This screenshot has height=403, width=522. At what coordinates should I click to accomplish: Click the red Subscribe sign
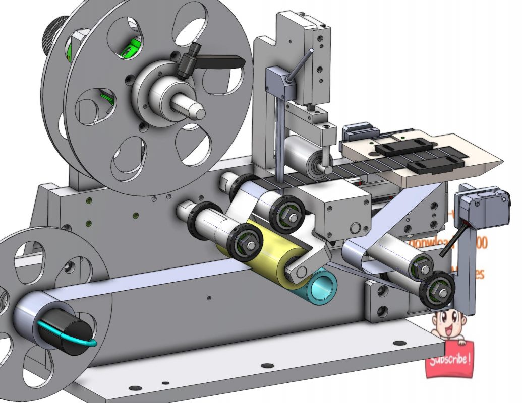point(450,360)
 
